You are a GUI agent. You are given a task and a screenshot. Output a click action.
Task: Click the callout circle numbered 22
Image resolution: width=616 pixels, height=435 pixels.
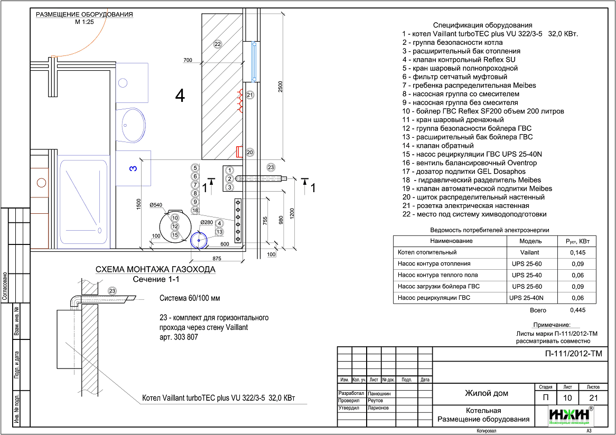point(218,44)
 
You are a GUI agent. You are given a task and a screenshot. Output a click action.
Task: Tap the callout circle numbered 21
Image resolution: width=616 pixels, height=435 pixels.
point(250,95)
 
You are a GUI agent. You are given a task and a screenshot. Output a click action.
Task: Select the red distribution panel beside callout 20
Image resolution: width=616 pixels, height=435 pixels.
point(238,152)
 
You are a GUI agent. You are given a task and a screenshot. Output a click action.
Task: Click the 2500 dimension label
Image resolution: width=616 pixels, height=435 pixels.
point(280,87)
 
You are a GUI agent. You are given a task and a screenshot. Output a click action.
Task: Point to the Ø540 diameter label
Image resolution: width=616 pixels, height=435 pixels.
point(156,204)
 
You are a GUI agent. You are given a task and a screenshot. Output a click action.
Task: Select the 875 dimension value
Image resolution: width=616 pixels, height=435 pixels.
point(217,258)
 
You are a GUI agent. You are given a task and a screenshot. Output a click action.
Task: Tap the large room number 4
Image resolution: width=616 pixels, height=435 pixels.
point(180,96)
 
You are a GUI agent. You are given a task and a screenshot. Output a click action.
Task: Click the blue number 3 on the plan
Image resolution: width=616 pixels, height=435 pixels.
point(134,168)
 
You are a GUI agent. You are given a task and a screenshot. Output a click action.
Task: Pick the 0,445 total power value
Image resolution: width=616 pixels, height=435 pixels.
point(577,310)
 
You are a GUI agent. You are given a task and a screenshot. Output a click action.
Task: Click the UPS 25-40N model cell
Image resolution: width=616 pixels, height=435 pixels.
point(526,298)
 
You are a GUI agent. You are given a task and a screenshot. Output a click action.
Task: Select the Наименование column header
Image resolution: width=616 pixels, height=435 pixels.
point(451,241)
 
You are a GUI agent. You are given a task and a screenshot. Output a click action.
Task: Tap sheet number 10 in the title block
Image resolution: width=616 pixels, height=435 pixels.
point(567,398)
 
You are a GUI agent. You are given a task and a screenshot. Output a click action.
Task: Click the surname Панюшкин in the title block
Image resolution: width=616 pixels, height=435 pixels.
point(379,393)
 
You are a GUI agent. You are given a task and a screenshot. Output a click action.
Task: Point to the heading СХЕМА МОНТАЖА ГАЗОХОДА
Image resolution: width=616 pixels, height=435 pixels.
point(155,269)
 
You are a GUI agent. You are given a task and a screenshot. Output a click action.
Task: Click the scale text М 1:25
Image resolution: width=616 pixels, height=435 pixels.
point(85,22)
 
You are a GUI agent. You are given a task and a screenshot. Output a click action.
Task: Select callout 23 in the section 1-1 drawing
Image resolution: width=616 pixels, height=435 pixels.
point(113,291)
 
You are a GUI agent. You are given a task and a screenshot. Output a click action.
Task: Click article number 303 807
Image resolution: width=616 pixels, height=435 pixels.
point(185,337)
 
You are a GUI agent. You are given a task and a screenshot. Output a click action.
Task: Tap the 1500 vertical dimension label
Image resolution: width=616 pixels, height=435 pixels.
point(138,204)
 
